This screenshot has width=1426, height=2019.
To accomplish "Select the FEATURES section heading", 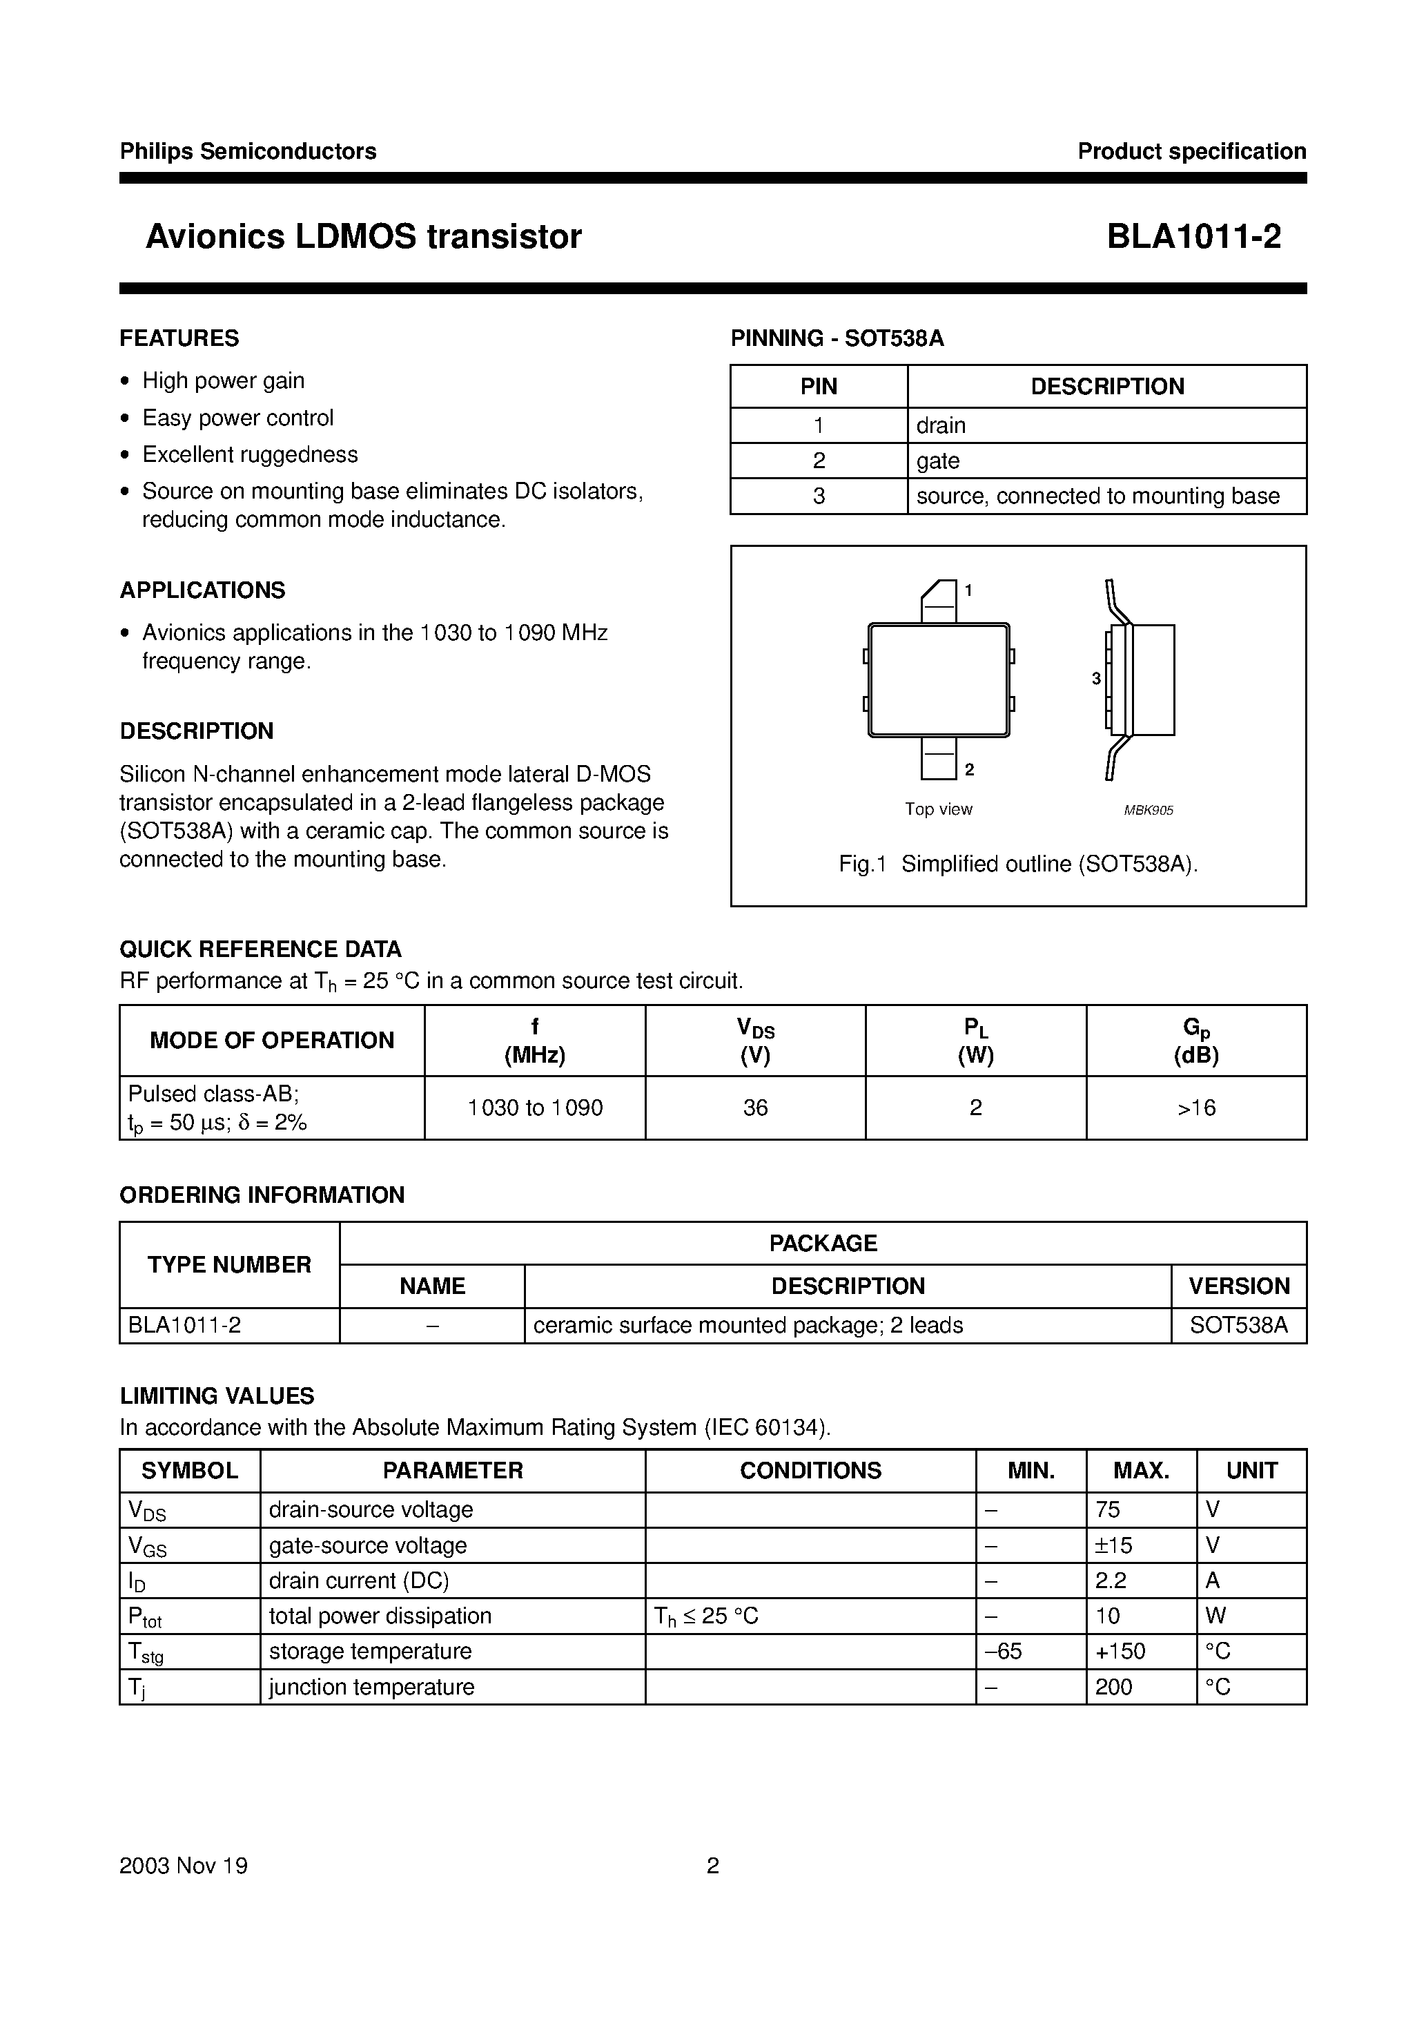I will pos(179,338).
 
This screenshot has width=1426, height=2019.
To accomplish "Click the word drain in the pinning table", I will pos(941,425).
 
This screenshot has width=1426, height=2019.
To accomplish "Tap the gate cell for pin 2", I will pos(938,461).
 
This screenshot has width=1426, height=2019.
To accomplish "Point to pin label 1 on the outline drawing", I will pos(968,590).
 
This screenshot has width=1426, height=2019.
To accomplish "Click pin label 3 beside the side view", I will pos(1095,679).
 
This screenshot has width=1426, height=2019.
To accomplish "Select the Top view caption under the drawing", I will pos(938,809).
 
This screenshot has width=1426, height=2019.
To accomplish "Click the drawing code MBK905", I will pos(1148,811).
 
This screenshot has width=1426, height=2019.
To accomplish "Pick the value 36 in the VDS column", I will pos(755,1108).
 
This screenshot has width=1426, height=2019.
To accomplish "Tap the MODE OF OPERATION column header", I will pos(272,1041).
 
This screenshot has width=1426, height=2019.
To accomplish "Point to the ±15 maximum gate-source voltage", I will pos(1114,1545).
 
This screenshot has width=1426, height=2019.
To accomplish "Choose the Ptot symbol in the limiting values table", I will pos(145,1616).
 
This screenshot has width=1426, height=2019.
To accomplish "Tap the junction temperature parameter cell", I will pos(371,1687).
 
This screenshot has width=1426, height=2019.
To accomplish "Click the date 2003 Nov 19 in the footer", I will pos(184,1865).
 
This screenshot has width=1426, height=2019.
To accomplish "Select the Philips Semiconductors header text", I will pos(248,151).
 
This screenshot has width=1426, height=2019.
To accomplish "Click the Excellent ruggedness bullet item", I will pos(250,454).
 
